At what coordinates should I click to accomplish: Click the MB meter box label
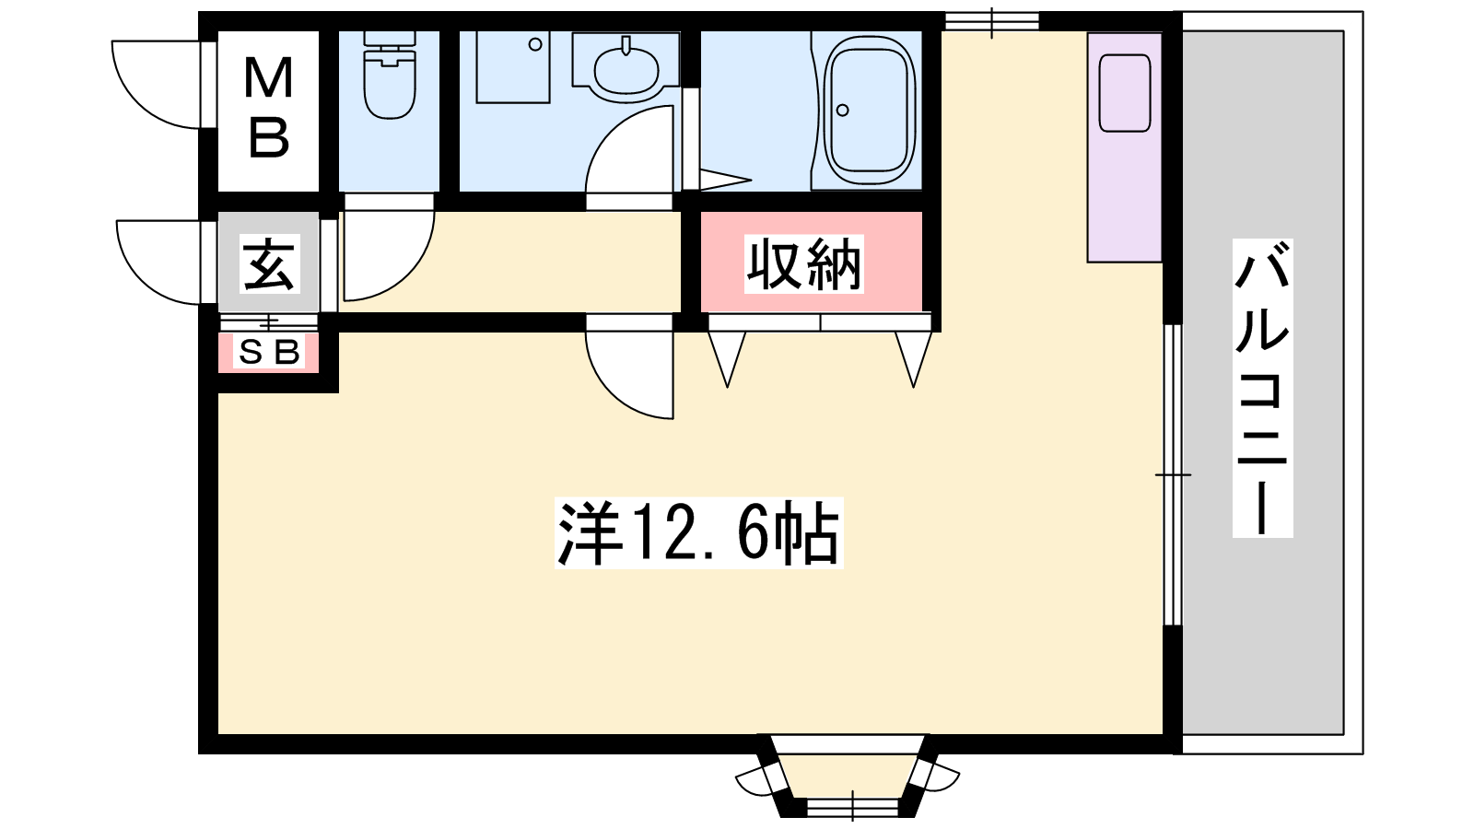[268, 107]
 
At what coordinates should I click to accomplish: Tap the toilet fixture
[390, 75]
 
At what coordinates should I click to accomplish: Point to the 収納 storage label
[804, 263]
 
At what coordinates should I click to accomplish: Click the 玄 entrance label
[269, 263]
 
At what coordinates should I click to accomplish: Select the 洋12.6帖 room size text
[699, 533]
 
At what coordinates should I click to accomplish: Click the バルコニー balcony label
[1262, 389]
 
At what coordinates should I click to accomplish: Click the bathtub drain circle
[842, 111]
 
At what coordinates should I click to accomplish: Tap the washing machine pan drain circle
[535, 45]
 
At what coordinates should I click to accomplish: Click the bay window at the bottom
[848, 777]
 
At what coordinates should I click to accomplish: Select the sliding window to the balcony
[1174, 474]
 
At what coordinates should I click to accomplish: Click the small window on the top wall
[991, 21]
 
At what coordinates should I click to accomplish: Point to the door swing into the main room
[629, 367]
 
